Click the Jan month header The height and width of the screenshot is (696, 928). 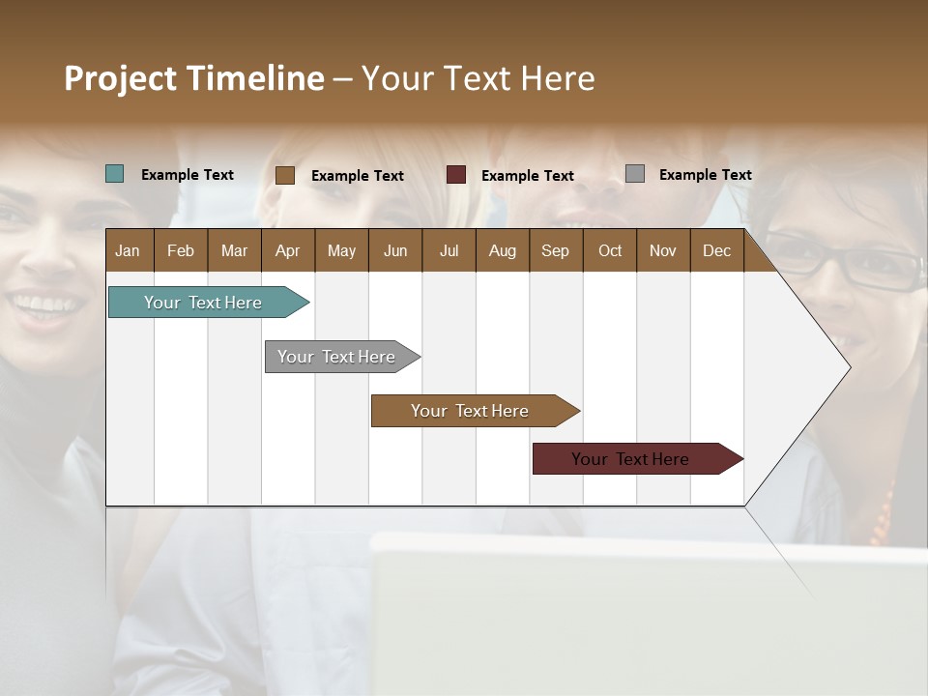(129, 250)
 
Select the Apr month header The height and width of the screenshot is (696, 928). (288, 250)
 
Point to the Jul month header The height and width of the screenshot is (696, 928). (449, 250)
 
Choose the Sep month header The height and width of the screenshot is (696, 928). (556, 250)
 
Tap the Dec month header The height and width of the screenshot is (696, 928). (716, 250)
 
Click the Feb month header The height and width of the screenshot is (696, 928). (181, 250)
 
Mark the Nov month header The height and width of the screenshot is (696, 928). (663, 250)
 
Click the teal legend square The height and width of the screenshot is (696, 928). (115, 174)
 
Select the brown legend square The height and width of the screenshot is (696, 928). (285, 175)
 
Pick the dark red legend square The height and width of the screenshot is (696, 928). (456, 175)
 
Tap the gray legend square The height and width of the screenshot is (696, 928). (635, 174)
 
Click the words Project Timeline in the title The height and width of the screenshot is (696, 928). (194, 78)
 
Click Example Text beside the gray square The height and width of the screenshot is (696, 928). (705, 175)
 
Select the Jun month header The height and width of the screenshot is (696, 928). (395, 250)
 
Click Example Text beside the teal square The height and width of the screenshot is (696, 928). (188, 175)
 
